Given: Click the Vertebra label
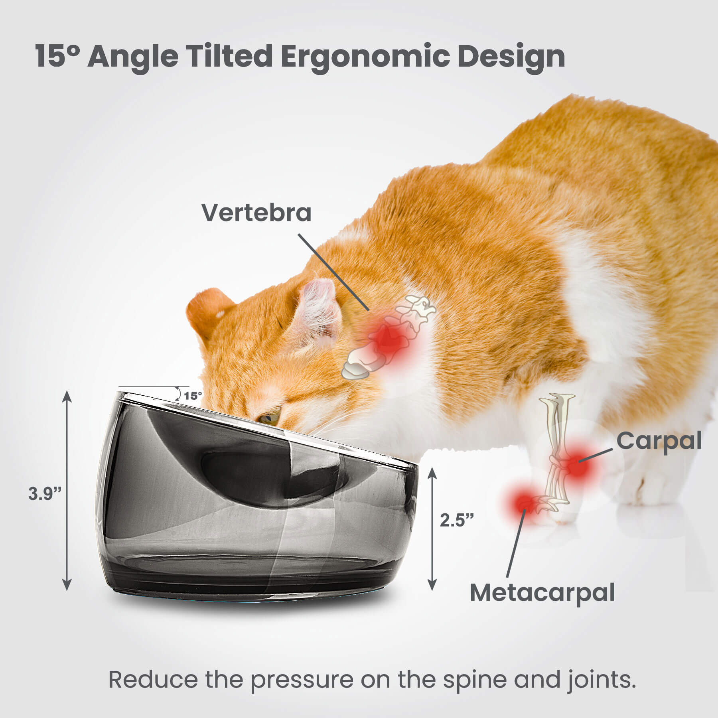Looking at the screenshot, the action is point(256,213).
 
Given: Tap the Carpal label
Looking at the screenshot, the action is point(659,442).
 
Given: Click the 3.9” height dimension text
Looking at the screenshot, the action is point(45,494).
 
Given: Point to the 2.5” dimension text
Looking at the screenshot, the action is point(457,520).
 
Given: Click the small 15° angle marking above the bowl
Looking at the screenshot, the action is point(193,396).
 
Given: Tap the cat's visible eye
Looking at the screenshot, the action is point(268,418).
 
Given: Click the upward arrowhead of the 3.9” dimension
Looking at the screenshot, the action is point(67,396).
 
